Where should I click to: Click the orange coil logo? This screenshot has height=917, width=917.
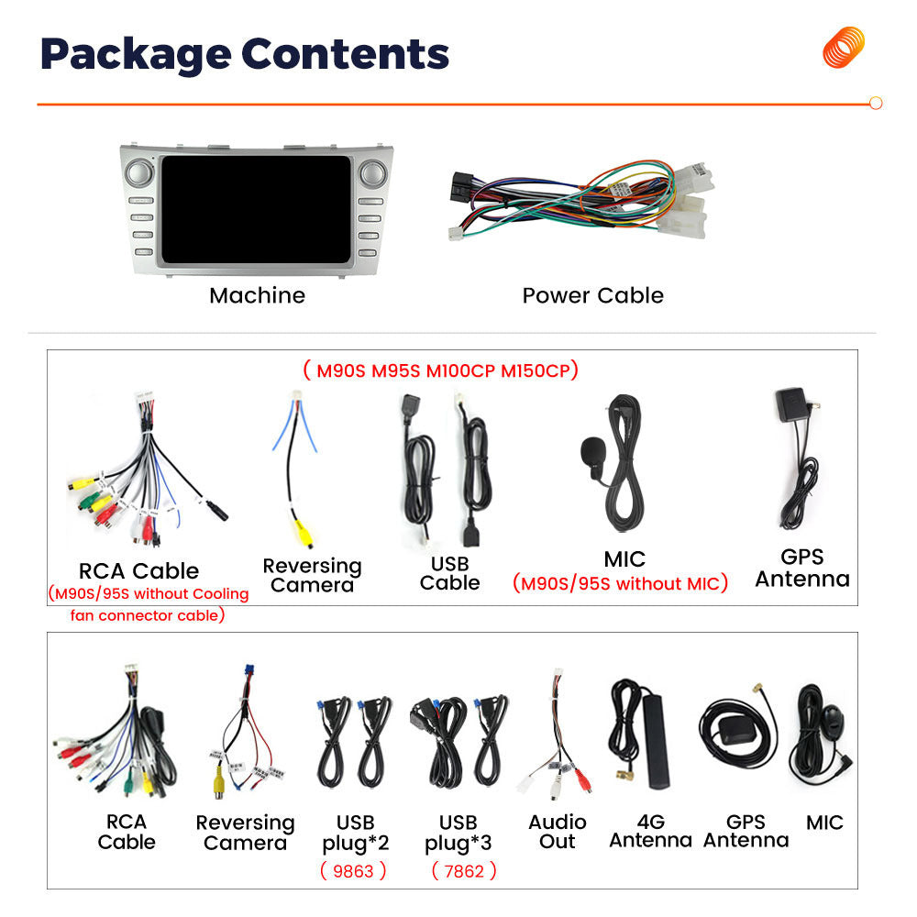844,47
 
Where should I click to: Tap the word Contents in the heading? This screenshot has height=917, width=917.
345,54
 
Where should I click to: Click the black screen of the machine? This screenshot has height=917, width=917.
256,209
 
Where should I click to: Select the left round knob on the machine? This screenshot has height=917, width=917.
138,173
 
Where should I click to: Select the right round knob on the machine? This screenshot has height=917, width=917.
373,173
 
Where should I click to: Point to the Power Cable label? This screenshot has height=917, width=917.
593,296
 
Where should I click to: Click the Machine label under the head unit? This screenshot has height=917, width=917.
258,296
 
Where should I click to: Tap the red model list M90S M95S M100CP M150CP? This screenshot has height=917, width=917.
441,370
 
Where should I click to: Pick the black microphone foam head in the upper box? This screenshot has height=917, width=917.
591,450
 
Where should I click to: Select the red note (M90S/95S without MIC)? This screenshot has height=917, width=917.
620,583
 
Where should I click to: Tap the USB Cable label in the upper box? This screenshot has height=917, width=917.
449,573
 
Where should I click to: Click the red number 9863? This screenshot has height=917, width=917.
353,871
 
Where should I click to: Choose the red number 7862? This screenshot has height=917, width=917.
464,871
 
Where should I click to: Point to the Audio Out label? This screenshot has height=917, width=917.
558,832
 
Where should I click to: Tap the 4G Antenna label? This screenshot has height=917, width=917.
651,831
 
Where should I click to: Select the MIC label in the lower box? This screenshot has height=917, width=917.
824,823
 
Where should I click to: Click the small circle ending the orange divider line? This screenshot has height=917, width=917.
876,104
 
